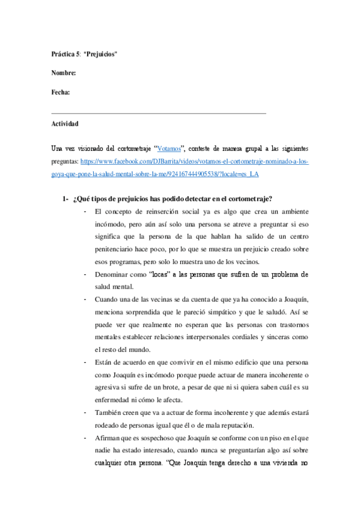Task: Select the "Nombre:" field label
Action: click(x=64, y=73)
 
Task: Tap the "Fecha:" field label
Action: click(x=61, y=93)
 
